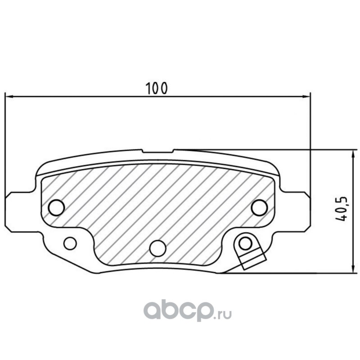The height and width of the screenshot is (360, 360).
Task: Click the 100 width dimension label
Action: coord(157,88)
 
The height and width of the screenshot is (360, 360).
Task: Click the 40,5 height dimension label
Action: coord(341,209)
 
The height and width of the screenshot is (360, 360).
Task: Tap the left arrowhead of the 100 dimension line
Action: coord(9,97)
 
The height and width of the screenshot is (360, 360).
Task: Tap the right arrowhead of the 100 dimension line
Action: coord(306,97)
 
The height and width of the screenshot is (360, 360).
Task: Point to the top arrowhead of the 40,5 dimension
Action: coord(351,154)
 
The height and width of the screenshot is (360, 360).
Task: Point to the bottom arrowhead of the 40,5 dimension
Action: coord(351,269)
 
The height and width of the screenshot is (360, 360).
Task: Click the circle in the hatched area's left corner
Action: coord(56,207)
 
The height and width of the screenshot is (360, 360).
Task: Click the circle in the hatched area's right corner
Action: coord(260,207)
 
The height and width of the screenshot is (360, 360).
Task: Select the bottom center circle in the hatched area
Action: coord(157,248)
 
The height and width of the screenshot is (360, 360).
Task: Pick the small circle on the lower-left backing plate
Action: coord(70,243)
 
